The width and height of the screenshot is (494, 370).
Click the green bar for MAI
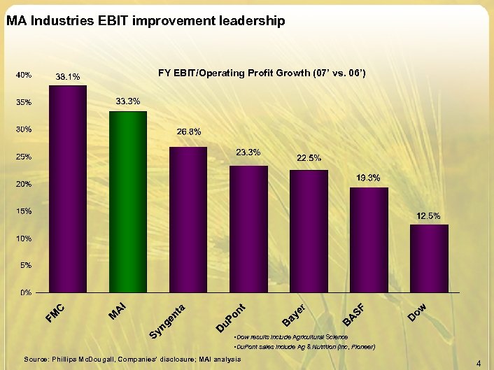[x=128, y=201]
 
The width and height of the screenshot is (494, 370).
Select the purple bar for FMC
[x=68, y=188]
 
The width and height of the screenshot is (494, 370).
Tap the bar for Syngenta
[x=188, y=219]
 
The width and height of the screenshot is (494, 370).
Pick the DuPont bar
[x=248, y=229]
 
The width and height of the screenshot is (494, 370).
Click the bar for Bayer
[x=309, y=231]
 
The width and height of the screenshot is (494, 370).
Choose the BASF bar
[x=369, y=239]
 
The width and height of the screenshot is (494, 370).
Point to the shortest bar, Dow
[x=429, y=258]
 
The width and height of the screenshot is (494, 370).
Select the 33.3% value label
[x=128, y=102]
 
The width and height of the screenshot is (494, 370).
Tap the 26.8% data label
[x=188, y=131]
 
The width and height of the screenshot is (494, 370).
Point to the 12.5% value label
[x=428, y=216]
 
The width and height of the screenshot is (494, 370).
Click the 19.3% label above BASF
[x=368, y=178]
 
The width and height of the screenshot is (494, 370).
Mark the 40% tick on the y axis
[x=24, y=75]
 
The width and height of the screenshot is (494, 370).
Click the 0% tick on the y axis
[x=25, y=292]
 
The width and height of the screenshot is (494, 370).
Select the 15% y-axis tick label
[x=24, y=211]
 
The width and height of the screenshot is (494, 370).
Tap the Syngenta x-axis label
[x=168, y=319]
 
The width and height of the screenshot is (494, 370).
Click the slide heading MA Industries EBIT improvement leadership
[x=146, y=22]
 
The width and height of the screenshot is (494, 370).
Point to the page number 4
[x=479, y=363]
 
